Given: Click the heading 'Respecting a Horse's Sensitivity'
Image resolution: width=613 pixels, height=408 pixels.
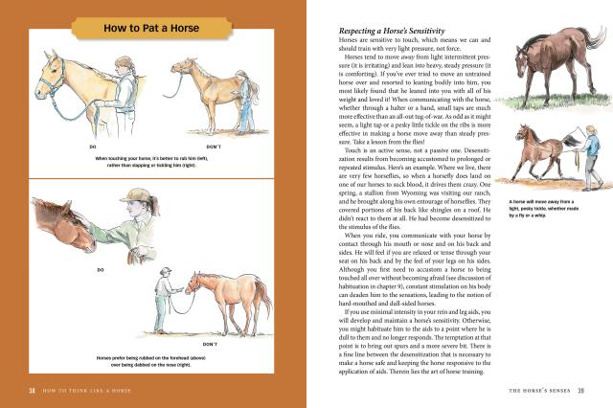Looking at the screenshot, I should [378, 33].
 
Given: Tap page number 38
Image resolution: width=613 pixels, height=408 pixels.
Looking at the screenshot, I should [32, 391].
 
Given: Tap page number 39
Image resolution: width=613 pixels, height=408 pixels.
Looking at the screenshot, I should [582, 391].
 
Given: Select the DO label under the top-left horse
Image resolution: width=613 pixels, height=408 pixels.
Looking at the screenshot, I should [93, 146].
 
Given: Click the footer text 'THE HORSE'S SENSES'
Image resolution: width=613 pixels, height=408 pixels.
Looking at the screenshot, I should [534, 391].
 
